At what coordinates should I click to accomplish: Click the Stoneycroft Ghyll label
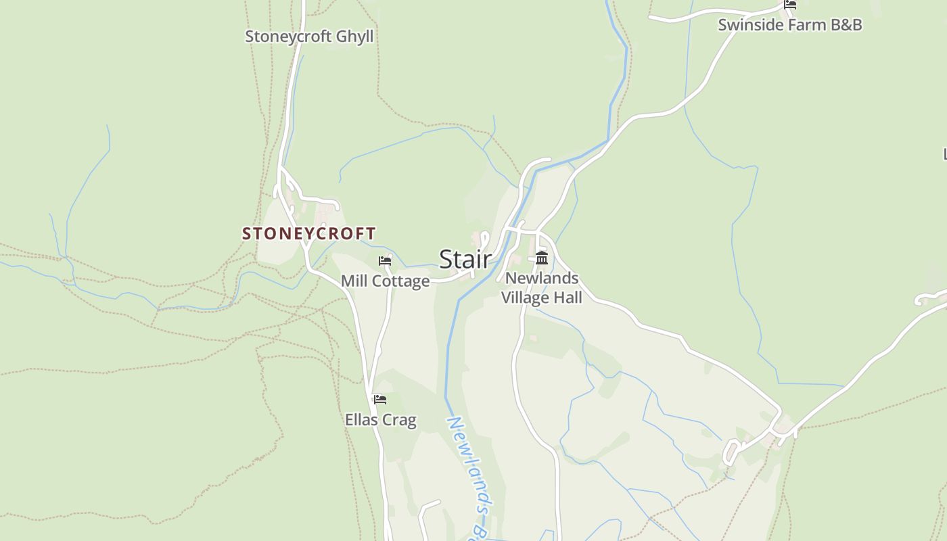(x=308, y=36)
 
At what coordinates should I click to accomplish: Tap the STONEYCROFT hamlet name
(x=308, y=233)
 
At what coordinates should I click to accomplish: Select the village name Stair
(x=465, y=259)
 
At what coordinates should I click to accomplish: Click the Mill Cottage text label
(x=385, y=281)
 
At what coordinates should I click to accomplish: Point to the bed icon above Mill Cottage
(x=385, y=260)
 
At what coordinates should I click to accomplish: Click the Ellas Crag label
(x=380, y=420)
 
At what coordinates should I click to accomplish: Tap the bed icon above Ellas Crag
(x=380, y=399)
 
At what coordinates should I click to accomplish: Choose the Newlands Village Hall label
(x=541, y=287)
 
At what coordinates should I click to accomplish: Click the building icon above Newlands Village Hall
(x=541, y=258)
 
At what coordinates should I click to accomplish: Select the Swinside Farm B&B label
(x=789, y=25)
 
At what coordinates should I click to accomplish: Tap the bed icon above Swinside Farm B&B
(x=789, y=4)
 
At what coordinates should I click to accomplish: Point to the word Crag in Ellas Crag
(x=400, y=420)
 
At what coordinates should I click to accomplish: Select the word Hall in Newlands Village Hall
(x=568, y=298)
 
